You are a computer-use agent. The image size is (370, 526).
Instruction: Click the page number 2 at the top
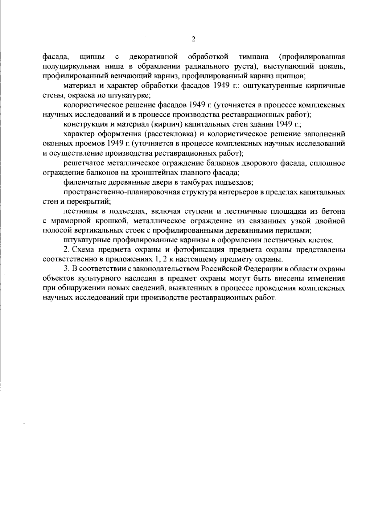pyautogui.click(x=194, y=39)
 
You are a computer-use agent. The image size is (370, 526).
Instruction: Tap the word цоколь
pyautogui.click(x=333, y=66)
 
